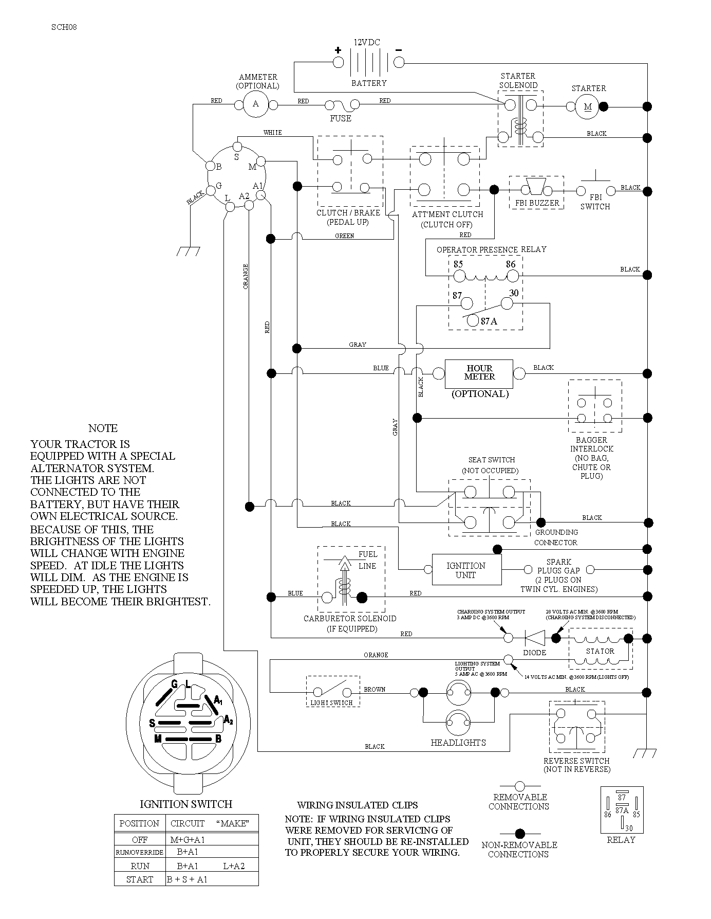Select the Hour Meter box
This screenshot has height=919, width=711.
coord(479,373)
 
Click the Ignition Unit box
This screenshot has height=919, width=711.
coord(466,570)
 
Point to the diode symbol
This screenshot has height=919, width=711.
coord(534,638)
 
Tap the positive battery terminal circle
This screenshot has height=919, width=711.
coord(338,63)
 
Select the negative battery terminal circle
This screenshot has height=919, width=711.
coord(399,63)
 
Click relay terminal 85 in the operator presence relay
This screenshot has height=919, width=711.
coord(459,276)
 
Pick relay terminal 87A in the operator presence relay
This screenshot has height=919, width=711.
coord(473,320)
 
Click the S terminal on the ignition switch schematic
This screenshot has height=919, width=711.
coord(237,146)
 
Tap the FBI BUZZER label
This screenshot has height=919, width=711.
coord(537,203)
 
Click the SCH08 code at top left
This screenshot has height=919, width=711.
coord(64,27)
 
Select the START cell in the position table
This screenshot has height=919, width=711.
coord(140,879)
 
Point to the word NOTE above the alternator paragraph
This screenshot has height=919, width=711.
coord(103,428)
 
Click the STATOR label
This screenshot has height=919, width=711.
coord(600,651)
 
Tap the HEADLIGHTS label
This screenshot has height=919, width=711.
coord(458,743)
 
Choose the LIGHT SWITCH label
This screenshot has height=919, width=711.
coord(331,702)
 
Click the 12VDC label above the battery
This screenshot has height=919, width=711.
coord(367,42)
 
